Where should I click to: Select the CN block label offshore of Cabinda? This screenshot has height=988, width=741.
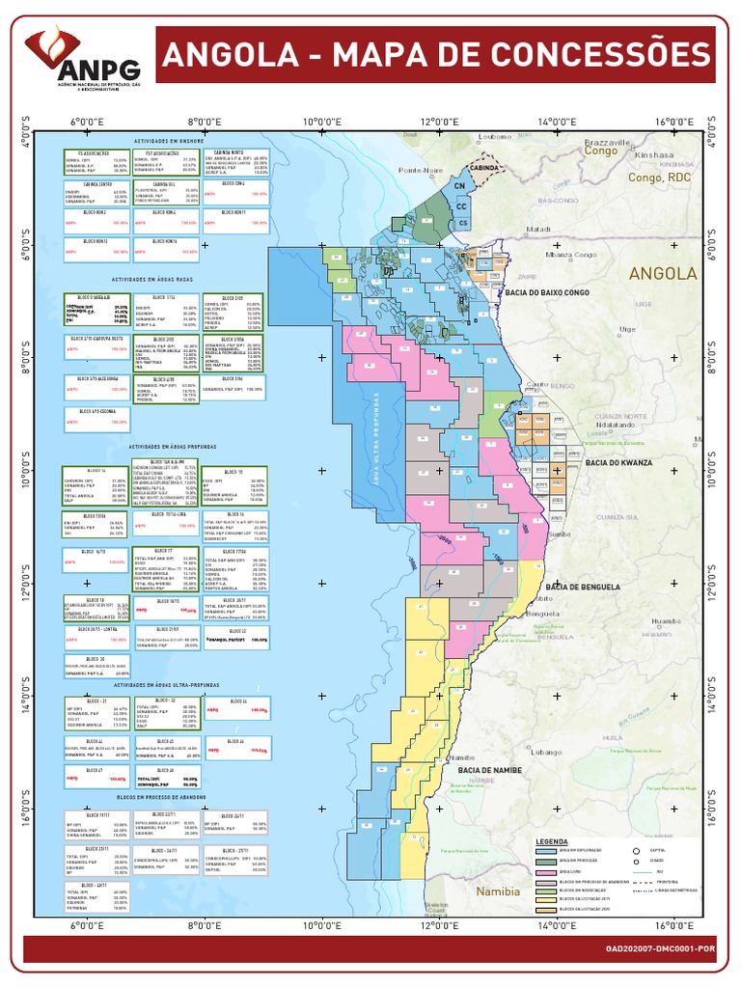tap(459, 185)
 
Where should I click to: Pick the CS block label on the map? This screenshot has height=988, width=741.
tap(463, 223)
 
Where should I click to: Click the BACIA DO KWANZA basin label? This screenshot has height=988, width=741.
tap(618, 463)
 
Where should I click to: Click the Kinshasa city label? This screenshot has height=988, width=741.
tap(653, 153)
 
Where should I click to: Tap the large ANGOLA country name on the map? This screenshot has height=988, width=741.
tap(662, 274)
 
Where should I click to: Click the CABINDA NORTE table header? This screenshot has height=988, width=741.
tap(228, 151)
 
